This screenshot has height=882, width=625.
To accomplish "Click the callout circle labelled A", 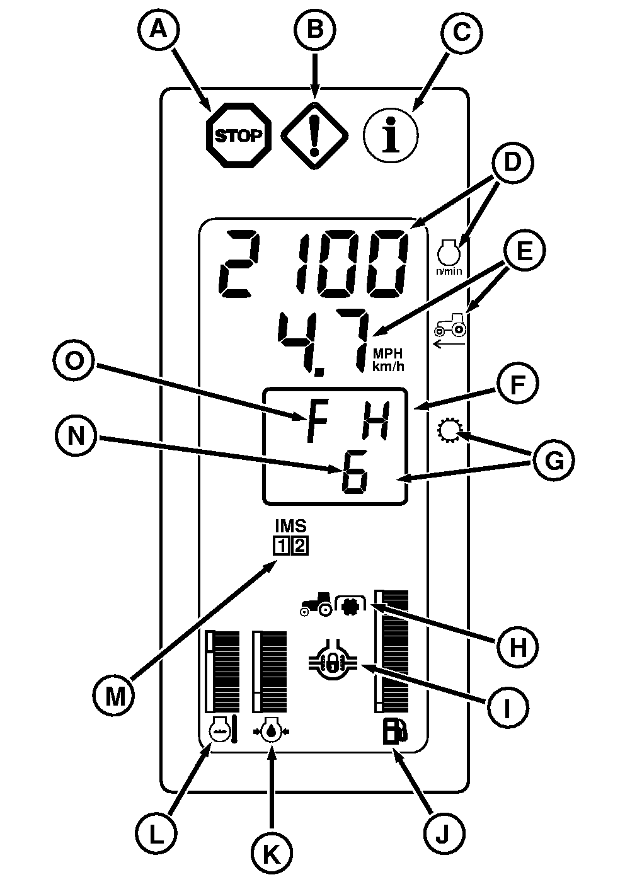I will [160, 30].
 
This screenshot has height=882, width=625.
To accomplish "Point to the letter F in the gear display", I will [317, 420].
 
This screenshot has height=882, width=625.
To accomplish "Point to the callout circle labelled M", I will [115, 696].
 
